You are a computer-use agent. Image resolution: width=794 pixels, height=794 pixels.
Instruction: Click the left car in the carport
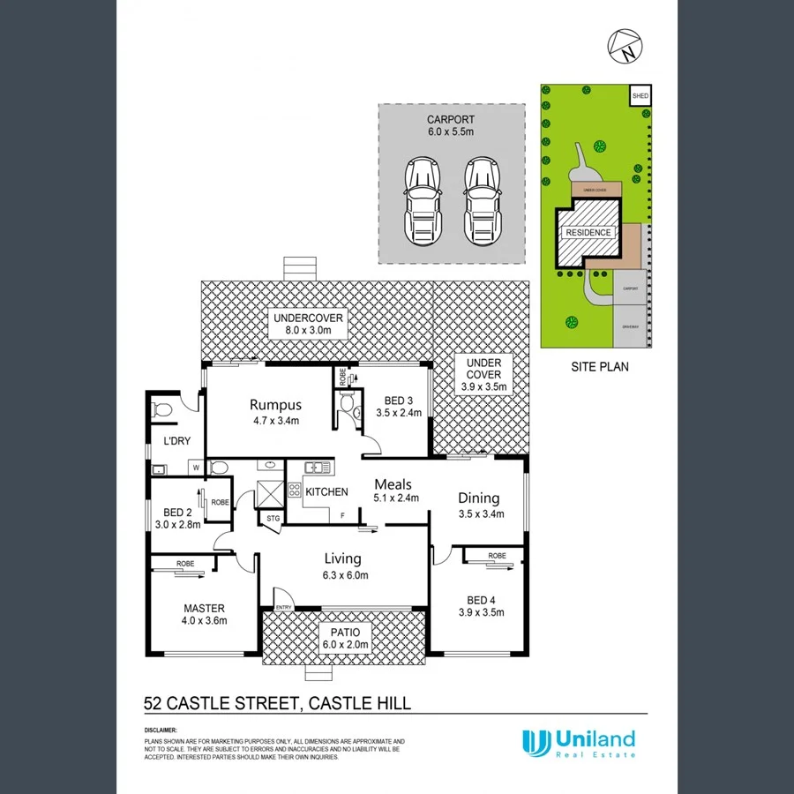point(421,201)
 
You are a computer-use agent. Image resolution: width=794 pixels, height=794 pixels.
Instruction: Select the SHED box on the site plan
point(639,94)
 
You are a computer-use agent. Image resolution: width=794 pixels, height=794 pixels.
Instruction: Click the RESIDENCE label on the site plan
point(588,233)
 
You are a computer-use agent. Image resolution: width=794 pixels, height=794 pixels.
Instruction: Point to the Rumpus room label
point(275,405)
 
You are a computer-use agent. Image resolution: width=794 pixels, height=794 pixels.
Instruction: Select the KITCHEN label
point(326,491)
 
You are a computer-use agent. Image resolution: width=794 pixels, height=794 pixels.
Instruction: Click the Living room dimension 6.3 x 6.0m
point(343,575)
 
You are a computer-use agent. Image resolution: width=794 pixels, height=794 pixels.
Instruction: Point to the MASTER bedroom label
point(204,608)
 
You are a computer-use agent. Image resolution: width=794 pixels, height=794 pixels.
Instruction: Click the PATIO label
point(346,633)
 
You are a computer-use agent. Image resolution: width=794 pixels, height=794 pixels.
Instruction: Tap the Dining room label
point(478,498)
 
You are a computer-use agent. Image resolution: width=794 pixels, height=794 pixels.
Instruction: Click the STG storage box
point(272,519)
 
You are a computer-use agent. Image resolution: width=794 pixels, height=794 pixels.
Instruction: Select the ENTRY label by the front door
point(284,607)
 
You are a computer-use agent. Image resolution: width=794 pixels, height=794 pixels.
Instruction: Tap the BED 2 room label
point(177,513)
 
